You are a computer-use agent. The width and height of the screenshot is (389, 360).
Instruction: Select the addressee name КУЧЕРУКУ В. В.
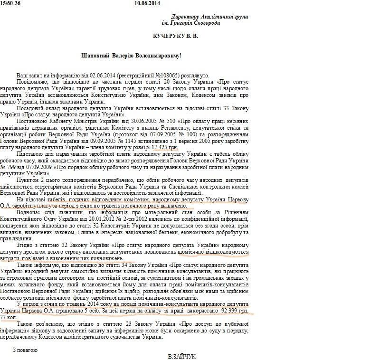click(x=182, y=36)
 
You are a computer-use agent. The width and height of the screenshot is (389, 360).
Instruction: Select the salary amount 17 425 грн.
click(x=164, y=148)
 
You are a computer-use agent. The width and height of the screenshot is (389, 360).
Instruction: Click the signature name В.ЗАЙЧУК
click(x=181, y=356)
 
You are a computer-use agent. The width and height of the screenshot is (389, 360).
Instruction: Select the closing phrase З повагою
click(x=25, y=350)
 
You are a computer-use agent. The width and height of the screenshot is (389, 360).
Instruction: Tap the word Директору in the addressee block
click(x=186, y=17)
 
